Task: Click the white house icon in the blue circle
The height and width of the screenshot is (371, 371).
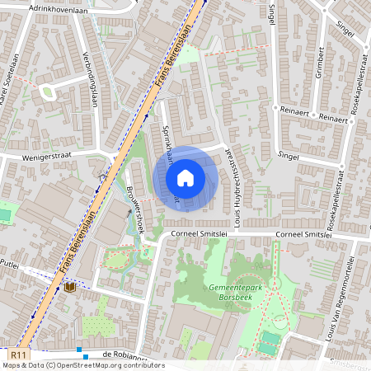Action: click(x=185, y=177)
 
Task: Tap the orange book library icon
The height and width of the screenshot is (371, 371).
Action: click(x=70, y=288)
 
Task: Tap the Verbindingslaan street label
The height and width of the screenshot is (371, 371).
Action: click(x=92, y=84)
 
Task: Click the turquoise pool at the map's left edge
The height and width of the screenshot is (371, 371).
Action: click(x=4, y=214)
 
